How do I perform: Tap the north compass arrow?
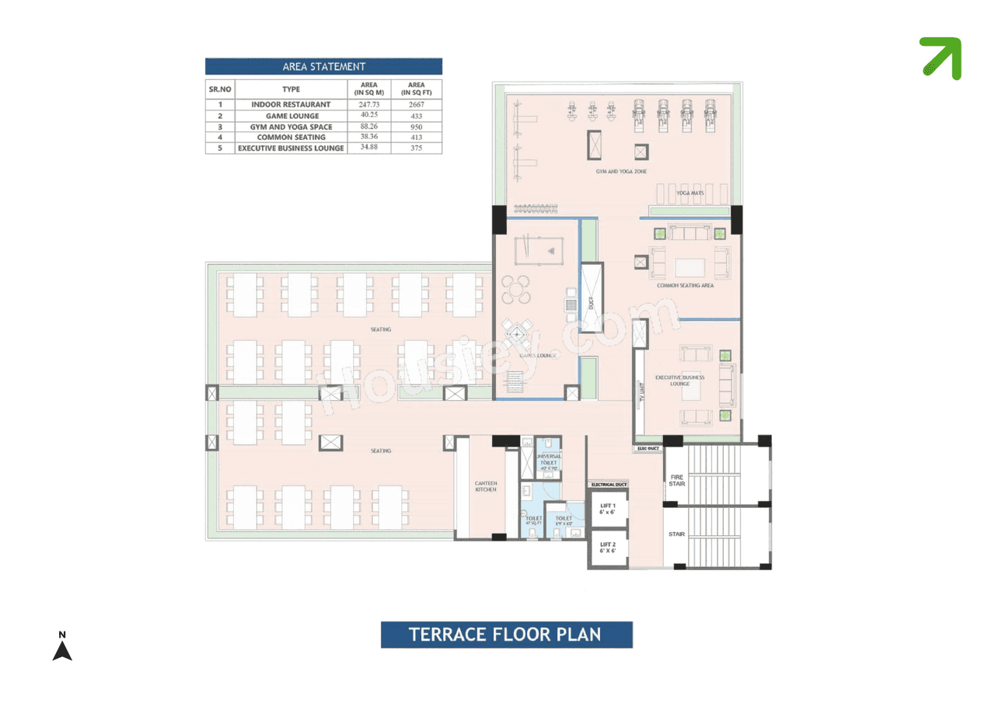(62, 648)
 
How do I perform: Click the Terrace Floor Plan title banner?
(506, 635)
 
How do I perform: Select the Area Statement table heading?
(323, 67)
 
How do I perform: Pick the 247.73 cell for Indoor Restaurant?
(369, 104)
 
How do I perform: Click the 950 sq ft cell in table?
(416, 127)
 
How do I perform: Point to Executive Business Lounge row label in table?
(292, 148)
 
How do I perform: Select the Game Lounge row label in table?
(292, 116)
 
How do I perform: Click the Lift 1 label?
(608, 509)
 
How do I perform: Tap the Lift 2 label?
(608, 548)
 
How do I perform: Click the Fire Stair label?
(676, 480)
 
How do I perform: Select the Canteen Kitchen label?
(486, 487)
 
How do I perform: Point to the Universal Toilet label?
(549, 460)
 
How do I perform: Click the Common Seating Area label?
(685, 285)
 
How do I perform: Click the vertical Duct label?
(592, 298)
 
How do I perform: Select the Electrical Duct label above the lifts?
(609, 485)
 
